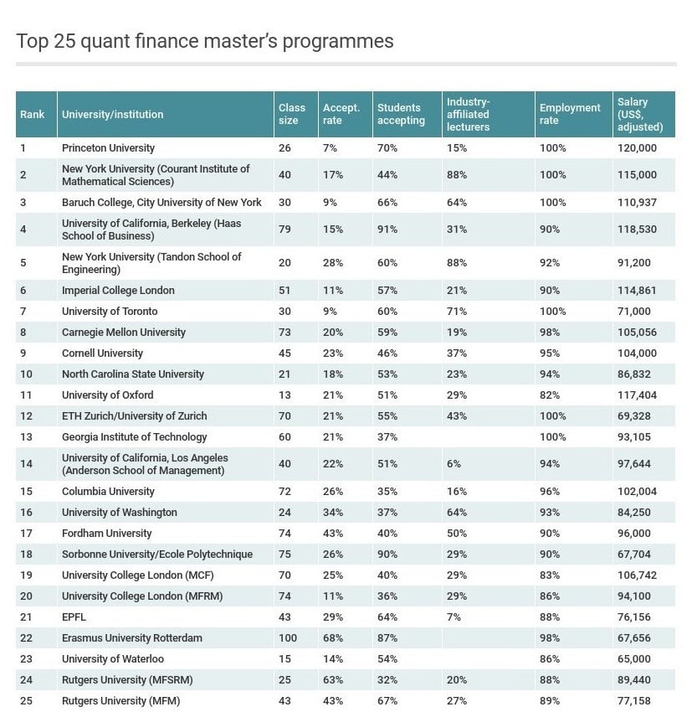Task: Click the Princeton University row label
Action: tap(108, 148)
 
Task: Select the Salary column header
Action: tap(639, 115)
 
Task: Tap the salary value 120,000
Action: tap(636, 148)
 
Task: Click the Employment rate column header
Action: tap(569, 114)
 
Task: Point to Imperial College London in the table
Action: tap(118, 291)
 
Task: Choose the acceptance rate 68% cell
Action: tap(333, 638)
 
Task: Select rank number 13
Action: tap(26, 437)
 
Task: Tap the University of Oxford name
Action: tap(108, 395)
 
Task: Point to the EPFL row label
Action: tap(74, 617)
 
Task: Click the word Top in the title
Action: tap(31, 41)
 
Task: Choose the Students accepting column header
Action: tap(401, 114)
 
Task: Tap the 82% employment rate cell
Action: tap(552, 395)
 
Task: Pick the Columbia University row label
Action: tap(108, 492)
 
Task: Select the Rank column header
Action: tap(33, 114)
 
